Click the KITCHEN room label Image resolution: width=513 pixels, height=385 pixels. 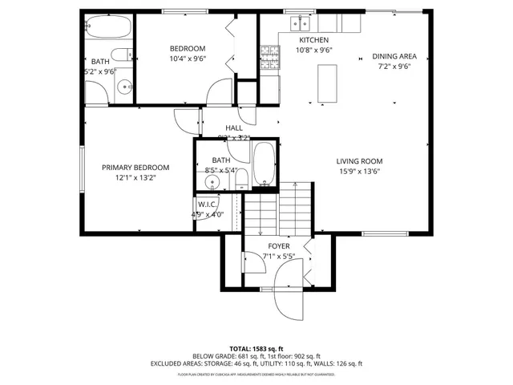313,39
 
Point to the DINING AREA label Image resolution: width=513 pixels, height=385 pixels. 394,56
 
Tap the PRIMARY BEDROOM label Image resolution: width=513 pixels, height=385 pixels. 135,168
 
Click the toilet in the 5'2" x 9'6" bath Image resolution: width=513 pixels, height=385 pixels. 123,55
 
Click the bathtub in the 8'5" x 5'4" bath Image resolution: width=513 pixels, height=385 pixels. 264,163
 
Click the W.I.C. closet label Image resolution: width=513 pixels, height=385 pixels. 207,205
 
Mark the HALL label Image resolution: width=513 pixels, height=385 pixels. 234,128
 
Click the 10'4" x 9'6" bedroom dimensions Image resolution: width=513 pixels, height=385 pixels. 188,59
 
